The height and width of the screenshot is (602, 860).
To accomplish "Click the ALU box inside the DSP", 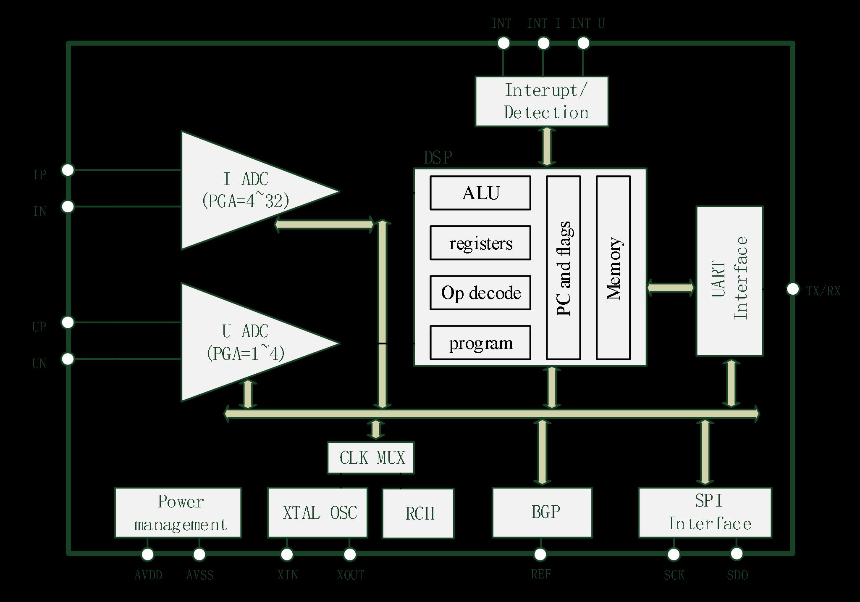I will [480, 193].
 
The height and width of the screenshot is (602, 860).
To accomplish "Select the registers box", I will [480, 243].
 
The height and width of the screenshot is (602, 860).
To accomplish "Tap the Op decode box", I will [480, 293].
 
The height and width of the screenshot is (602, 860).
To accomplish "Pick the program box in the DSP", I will [480, 343].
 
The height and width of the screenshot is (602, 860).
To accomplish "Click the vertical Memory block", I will [613, 268].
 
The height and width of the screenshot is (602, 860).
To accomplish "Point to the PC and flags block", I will [563, 268].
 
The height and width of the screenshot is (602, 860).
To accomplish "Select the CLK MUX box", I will [370, 457].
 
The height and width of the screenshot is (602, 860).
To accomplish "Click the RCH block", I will [418, 513].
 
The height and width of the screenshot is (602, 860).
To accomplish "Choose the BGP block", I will [542, 512].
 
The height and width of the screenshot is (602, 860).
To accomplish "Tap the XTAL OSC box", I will [317, 512].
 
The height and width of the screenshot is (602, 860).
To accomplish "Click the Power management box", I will [178, 512].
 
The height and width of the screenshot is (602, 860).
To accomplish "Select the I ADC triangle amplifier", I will [244, 190].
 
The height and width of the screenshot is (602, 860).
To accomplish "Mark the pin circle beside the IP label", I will [68, 170].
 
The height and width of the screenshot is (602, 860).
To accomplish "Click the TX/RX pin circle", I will [792, 289].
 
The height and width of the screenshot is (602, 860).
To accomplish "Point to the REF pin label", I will [541, 574].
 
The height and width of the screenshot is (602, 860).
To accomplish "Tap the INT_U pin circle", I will [583, 43].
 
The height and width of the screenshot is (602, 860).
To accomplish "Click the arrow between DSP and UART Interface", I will [671, 288].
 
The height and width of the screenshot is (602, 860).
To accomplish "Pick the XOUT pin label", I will [351, 575].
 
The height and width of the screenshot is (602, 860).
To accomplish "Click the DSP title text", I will [438, 158].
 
